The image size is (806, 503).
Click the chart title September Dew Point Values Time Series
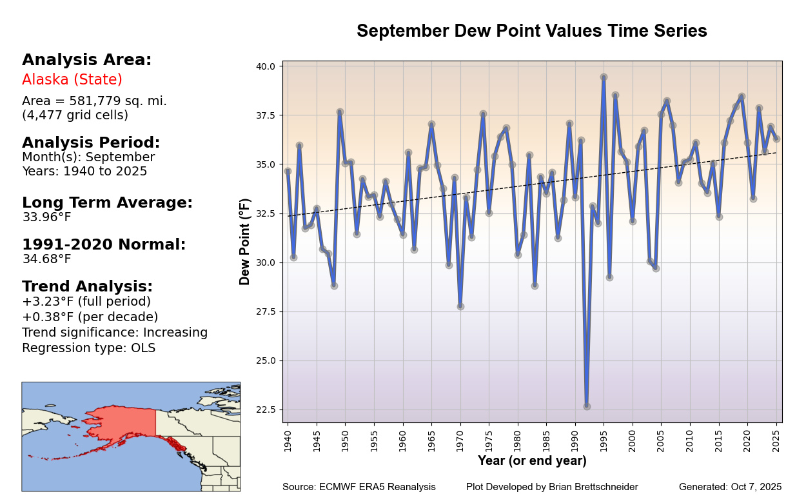pos(531,31)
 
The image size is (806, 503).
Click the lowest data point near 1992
pos(587,406)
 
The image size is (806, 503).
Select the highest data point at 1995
pos(604,77)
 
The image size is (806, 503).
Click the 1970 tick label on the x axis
pos(460,439)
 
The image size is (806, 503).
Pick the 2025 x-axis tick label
pos(776,439)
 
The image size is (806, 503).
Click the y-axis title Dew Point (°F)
pos(245,242)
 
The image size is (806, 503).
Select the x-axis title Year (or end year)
pos(532,460)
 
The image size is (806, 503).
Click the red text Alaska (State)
pos(72,80)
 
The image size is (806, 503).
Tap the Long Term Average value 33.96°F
pos(46,217)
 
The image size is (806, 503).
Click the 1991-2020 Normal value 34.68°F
pos(46,259)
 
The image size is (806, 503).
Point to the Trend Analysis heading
pos(87,286)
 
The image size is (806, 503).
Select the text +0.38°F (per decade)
pos(90,317)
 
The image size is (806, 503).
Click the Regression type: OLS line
pos(88,348)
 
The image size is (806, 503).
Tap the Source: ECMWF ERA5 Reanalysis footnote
pos(359,487)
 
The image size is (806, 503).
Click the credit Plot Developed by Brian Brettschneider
pos(552,487)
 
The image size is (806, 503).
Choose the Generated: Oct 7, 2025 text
pos(730,487)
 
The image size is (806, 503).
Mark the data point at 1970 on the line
pos(460,306)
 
